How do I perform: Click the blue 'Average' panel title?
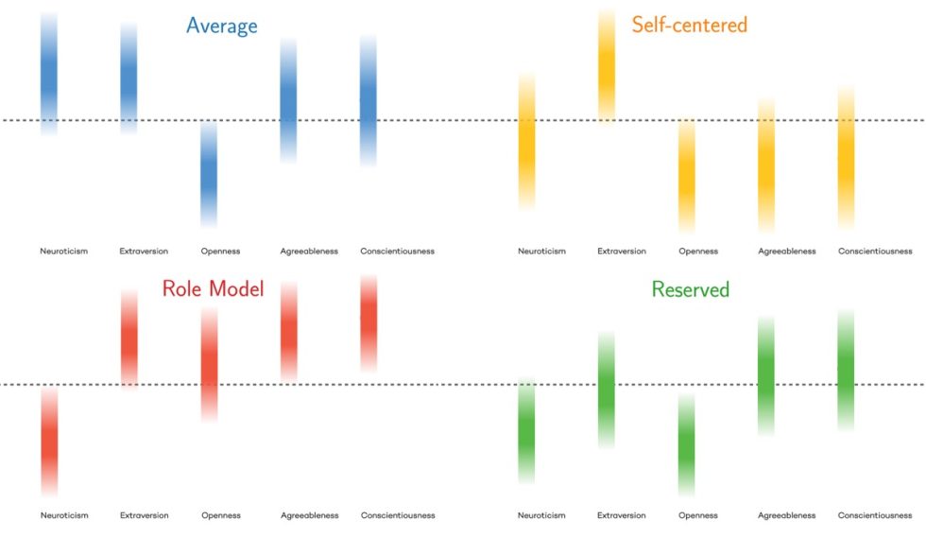point(221,26)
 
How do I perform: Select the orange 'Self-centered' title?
point(689,25)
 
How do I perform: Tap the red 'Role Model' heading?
point(213,288)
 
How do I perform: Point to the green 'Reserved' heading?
point(690,289)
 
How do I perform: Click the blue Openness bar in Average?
point(209,175)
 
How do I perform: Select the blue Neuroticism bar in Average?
point(49,74)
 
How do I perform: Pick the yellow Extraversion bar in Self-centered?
point(607,65)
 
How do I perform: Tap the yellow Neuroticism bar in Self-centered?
point(527,140)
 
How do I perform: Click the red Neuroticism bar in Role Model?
point(49,442)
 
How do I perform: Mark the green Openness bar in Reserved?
point(686,445)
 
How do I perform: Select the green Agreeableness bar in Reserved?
point(766,376)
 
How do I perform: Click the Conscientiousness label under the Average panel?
point(398,252)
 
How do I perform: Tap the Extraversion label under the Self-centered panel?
point(622,252)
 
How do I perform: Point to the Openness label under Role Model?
point(220,515)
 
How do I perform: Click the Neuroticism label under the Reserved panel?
point(541,515)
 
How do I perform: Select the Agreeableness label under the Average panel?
point(309,252)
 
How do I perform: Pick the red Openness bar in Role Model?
point(209,364)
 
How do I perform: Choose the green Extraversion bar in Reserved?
point(607,390)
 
